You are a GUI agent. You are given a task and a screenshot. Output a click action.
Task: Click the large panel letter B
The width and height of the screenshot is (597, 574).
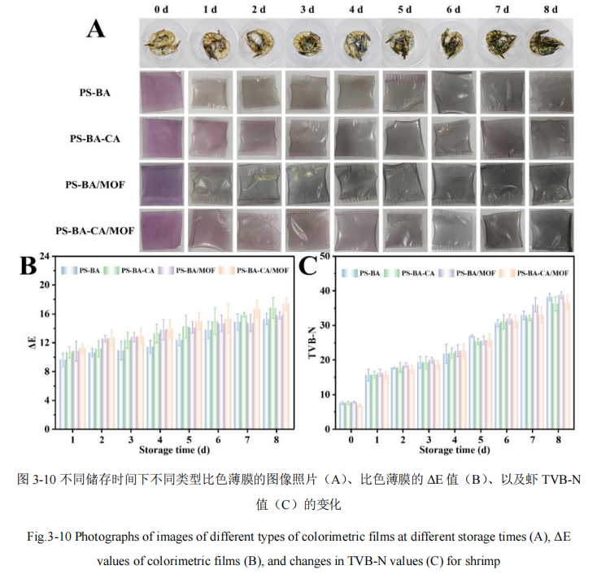pos(28,266)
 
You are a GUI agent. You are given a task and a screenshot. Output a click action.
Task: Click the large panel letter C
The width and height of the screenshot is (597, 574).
pos(308,266)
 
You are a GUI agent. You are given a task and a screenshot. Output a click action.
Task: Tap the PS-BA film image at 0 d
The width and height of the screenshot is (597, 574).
pos(163,93)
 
